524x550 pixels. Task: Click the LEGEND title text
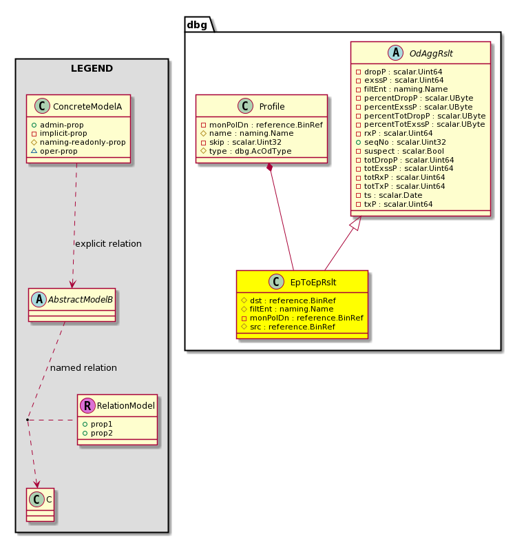(92, 68)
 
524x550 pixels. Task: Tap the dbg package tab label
(197, 25)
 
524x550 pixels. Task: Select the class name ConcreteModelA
(87, 106)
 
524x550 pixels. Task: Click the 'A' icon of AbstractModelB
(39, 300)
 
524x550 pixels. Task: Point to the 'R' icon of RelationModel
(87, 405)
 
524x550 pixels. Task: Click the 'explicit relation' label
(108, 243)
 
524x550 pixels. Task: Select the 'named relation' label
(83, 367)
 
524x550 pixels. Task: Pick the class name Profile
(272, 106)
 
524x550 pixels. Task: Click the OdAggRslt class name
(431, 53)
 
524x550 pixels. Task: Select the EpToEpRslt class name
(313, 283)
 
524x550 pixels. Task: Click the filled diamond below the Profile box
(269, 167)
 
